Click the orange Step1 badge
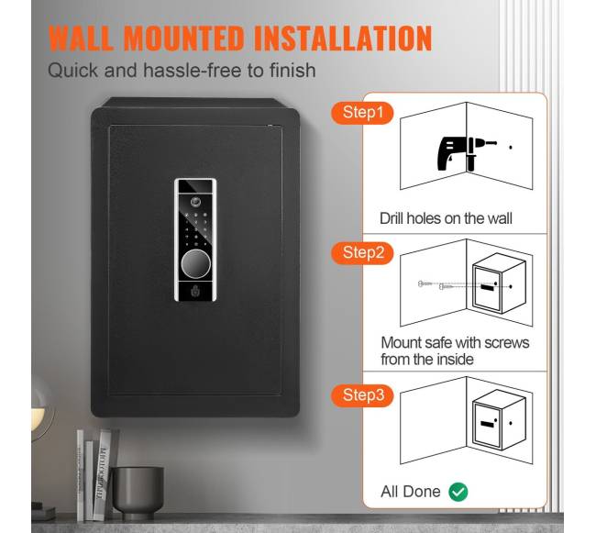362,113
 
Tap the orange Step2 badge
362,253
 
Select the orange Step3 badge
362,395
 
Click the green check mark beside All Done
458,492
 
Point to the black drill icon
465,153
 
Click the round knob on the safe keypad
195,263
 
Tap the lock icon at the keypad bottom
195,291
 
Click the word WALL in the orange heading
81,38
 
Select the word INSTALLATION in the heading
343,38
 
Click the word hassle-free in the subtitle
193,71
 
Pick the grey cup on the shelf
138,492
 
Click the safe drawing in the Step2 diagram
499,283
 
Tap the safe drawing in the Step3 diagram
499,420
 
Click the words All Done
411,492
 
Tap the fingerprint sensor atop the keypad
195,201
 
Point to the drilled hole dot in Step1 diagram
511,147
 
